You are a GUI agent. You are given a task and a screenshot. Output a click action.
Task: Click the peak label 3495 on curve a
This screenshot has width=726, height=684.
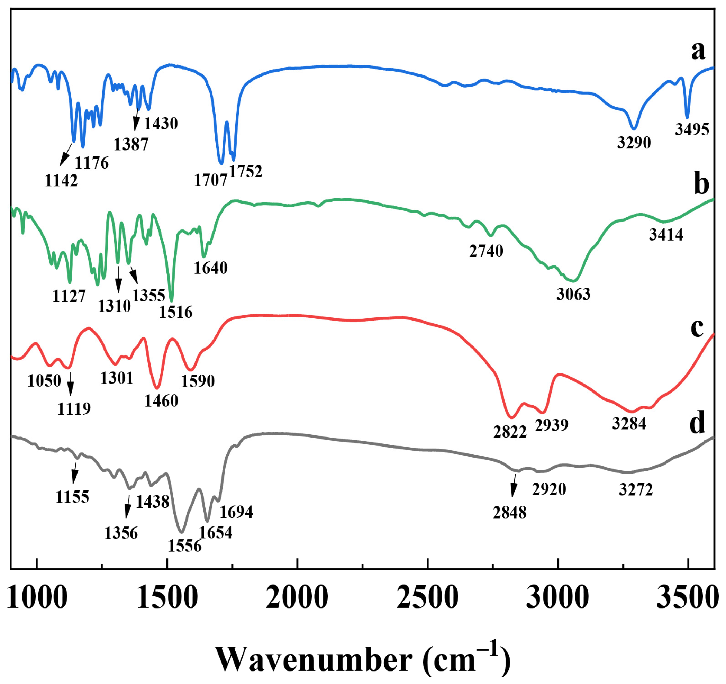[692, 130]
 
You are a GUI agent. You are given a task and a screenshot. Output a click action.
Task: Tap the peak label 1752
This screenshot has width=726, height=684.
[246, 171]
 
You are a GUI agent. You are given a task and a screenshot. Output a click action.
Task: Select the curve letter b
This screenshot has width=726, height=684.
[701, 185]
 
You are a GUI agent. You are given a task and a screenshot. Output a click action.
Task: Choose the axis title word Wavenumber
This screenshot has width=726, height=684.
[315, 659]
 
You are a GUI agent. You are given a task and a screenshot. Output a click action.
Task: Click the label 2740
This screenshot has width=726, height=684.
[486, 251]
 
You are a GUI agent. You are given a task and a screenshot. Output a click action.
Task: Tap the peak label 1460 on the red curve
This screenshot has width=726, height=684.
[161, 401]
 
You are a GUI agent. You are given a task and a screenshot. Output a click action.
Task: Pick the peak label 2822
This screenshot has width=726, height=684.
[510, 432]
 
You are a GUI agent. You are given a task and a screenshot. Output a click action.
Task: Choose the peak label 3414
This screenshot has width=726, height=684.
[666, 235]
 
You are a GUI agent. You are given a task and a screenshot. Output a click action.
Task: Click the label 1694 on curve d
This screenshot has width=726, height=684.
[236, 512]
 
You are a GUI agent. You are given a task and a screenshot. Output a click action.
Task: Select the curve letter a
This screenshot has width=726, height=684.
[698, 51]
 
